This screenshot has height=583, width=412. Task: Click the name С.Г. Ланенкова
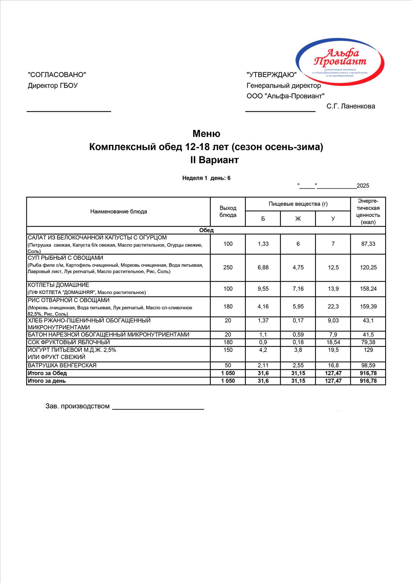(350, 106)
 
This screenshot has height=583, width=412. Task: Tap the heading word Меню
(206, 133)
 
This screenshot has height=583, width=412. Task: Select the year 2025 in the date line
(363, 186)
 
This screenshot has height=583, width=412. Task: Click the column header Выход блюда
(228, 211)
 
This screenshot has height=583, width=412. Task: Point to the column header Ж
(298, 219)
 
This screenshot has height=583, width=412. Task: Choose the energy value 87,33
(368, 244)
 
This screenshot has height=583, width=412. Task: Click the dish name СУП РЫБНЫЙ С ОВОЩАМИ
(65, 258)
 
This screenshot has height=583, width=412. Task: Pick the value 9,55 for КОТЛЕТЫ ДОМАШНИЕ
(263, 289)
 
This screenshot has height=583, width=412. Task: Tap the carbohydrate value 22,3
(333, 306)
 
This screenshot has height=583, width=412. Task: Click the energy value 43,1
(368, 320)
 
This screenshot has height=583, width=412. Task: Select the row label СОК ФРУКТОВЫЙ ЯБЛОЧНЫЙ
(69, 342)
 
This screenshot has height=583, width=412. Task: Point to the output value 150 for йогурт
(228, 350)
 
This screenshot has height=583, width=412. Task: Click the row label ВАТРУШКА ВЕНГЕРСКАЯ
(62, 365)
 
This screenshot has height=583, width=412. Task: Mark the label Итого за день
(47, 381)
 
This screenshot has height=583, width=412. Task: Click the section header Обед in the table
(206, 230)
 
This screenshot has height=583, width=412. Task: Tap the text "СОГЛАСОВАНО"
(57, 75)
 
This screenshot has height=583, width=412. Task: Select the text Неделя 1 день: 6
(206, 178)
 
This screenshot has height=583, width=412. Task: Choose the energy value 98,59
(368, 365)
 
